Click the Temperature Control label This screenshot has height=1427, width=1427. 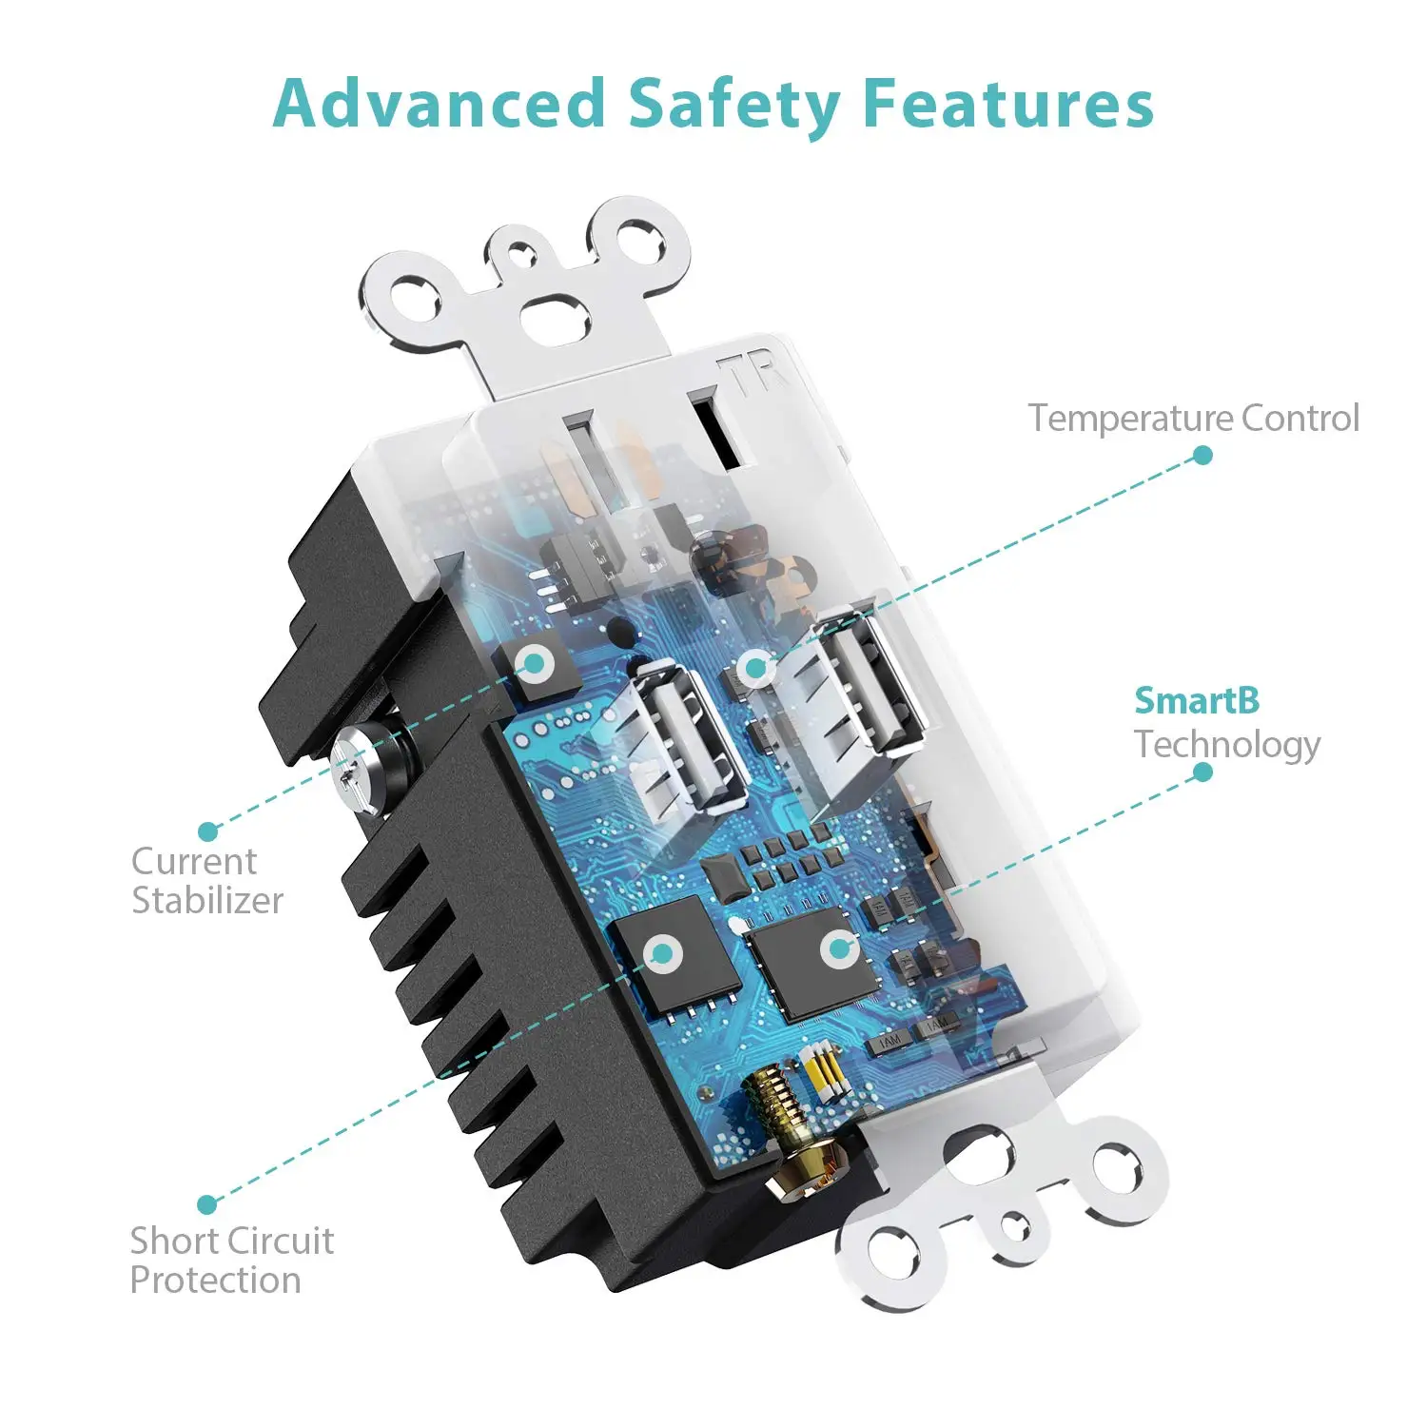pos(1194,418)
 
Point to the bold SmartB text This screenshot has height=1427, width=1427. pos(1197,701)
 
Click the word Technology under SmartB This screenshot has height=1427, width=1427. pos(1227,745)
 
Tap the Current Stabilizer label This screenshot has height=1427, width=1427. pos(207,881)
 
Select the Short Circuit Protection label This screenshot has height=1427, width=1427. pos(232,1261)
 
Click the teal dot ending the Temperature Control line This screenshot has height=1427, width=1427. pos(1203,455)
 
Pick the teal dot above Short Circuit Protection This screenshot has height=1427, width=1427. pos(206,1204)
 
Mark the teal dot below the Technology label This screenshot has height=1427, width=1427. pos(1202,772)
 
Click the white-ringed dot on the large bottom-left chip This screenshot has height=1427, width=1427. pos(662,953)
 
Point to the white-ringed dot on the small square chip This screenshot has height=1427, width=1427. pos(536,663)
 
